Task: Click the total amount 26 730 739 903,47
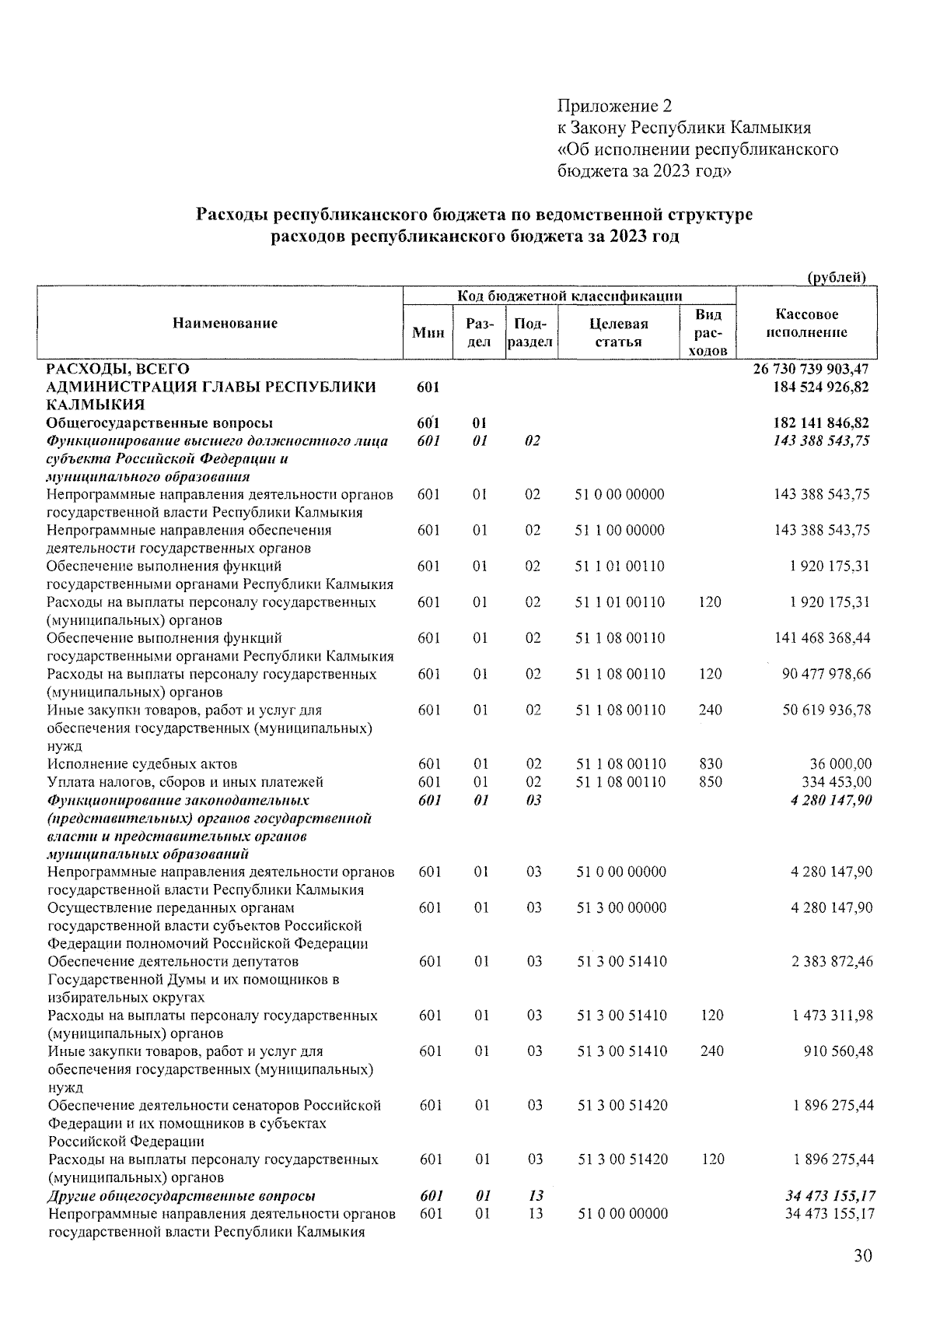[x=811, y=369]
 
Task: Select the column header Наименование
[x=225, y=323]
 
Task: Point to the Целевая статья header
[x=619, y=332]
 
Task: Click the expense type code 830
[x=711, y=764]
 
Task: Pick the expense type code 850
[x=711, y=782]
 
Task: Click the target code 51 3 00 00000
[x=621, y=908]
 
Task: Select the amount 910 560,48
[x=837, y=1052]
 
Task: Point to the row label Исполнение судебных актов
[x=142, y=764]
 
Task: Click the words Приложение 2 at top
[x=614, y=106]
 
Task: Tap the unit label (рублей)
[x=837, y=278]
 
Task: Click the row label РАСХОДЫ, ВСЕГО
[x=117, y=369]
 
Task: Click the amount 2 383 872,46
[x=832, y=962]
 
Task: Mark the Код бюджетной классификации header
[x=569, y=296]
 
